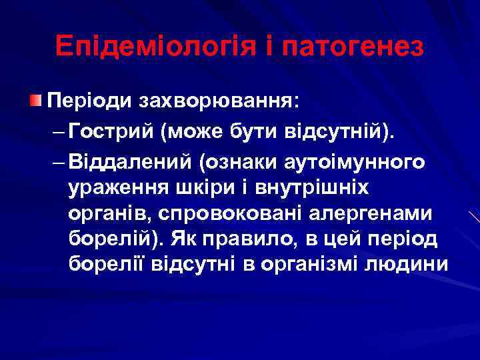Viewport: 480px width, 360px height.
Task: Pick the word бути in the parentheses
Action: tap(250, 132)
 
